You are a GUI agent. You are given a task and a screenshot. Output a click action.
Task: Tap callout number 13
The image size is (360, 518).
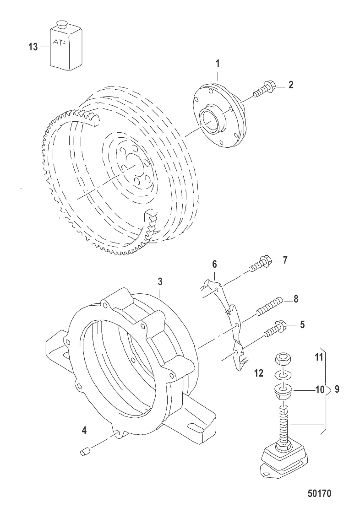(x=33, y=47)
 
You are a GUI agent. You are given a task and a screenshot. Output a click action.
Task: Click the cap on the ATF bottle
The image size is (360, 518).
(x=61, y=24)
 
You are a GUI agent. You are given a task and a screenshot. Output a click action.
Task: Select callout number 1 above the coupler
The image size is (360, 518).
(x=218, y=64)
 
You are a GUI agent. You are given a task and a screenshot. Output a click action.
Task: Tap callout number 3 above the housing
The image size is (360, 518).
(x=160, y=281)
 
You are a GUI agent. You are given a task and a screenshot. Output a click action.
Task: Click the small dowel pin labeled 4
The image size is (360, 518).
(x=85, y=452)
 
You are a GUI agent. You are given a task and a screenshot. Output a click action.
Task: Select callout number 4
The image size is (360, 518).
(x=84, y=430)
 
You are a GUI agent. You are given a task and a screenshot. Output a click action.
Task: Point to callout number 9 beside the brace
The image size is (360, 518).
(x=337, y=389)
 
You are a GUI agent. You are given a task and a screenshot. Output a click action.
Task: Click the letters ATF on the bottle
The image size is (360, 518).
(x=60, y=43)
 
